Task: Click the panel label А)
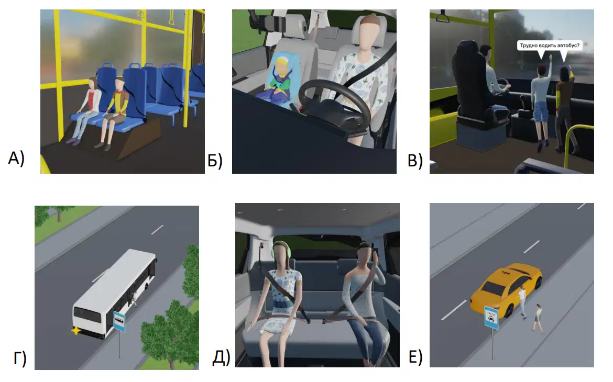pyautogui.click(x=16, y=159)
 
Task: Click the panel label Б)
pyautogui.click(x=215, y=161)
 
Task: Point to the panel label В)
pyautogui.click(x=415, y=161)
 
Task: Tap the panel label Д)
pyautogui.click(x=221, y=357)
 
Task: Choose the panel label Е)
pyautogui.click(x=415, y=357)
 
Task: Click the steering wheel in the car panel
pyautogui.click(x=335, y=106)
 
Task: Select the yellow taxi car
pyautogui.click(x=506, y=289)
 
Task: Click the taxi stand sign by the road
pyautogui.click(x=491, y=317)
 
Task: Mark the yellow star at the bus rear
pyautogui.click(x=75, y=331)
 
